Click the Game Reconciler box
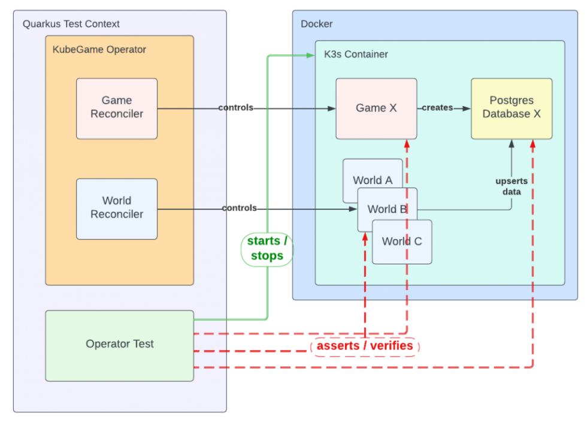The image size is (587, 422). (x=117, y=108)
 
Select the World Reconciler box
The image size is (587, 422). (x=117, y=208)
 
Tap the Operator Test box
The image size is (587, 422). (x=119, y=345)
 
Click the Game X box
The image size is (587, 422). (x=376, y=108)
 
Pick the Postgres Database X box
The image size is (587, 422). (x=512, y=108)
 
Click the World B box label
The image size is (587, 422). (x=387, y=209)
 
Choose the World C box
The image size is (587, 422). (x=402, y=242)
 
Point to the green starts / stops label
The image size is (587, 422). (x=267, y=249)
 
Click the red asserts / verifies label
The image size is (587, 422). (x=365, y=346)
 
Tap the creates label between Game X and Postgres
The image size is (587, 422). (x=437, y=108)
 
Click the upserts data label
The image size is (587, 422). (x=512, y=186)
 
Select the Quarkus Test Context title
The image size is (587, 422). (x=71, y=24)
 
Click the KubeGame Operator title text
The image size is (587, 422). (x=99, y=50)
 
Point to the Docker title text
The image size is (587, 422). (x=316, y=24)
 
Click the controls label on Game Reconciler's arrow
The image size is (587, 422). (x=236, y=108)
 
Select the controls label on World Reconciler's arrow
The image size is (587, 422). (x=239, y=208)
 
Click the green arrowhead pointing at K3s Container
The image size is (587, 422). (x=310, y=55)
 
